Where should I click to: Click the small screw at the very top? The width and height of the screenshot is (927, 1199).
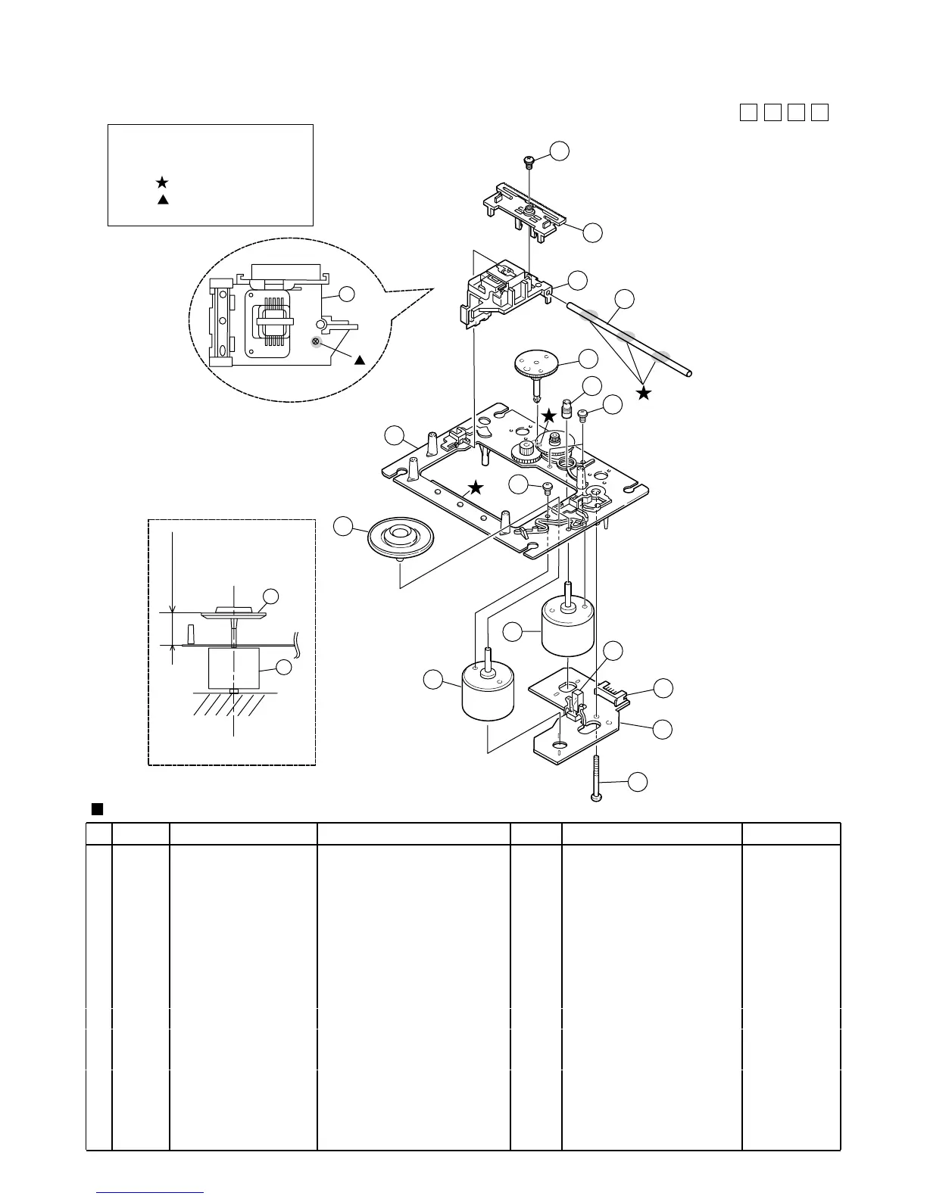pyautogui.click(x=529, y=160)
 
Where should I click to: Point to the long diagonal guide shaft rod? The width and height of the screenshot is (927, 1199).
pyautogui.click(x=629, y=337)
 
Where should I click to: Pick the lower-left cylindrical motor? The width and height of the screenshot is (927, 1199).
pyautogui.click(x=488, y=691)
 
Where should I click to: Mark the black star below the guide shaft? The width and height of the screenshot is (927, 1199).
pyautogui.click(x=644, y=393)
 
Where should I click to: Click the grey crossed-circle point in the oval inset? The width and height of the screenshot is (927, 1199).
pyautogui.click(x=316, y=343)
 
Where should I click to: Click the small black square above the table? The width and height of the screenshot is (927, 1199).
pyautogui.click(x=96, y=808)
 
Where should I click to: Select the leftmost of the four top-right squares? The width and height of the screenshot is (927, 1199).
pyautogui.click(x=748, y=112)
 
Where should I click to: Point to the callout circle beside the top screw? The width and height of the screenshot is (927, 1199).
pyautogui.click(x=560, y=150)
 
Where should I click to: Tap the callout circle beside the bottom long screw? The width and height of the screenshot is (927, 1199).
pyautogui.click(x=638, y=782)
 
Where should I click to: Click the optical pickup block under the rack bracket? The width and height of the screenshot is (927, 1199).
pyautogui.click(x=504, y=291)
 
